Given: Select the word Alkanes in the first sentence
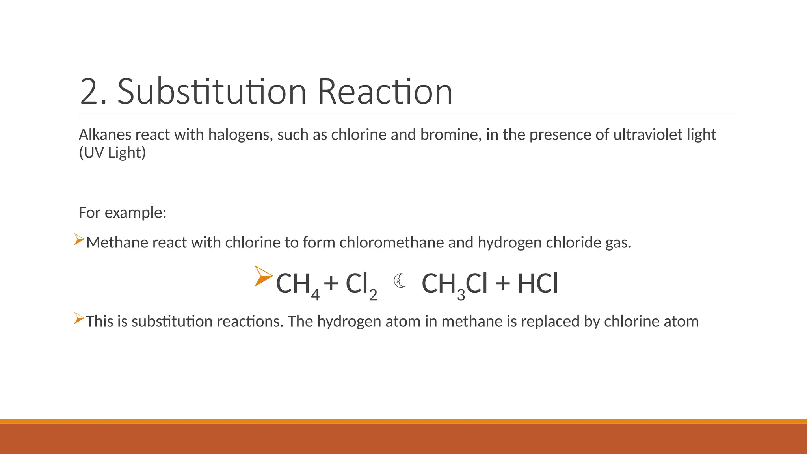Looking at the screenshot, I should [x=105, y=135].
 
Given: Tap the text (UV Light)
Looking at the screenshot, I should [x=112, y=153].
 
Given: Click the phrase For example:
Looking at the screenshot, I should [x=123, y=213].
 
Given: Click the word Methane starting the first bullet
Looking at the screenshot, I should [x=117, y=242].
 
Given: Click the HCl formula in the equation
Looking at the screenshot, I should [x=538, y=284].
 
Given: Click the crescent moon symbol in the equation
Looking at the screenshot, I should [x=400, y=281].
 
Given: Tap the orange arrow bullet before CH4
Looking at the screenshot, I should [x=263, y=276].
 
